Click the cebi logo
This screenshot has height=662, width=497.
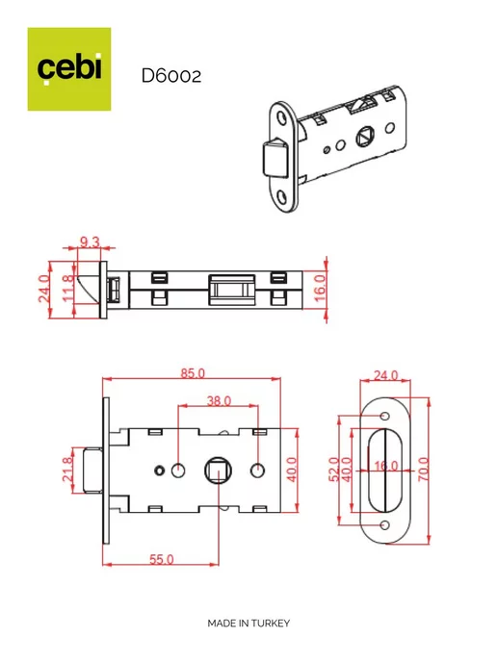coord(69,69)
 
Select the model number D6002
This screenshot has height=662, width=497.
coord(171,76)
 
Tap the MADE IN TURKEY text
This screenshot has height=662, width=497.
coord(248,624)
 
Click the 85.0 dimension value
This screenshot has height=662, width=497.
coord(193,373)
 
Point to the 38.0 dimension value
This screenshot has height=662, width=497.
coord(219,400)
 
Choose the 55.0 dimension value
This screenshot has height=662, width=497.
coord(162,559)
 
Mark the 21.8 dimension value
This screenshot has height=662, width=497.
coord(67,469)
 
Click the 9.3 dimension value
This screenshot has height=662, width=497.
coord(90,242)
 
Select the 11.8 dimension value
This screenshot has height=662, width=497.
coord(67,289)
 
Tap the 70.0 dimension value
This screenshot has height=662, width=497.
coord(423,469)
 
